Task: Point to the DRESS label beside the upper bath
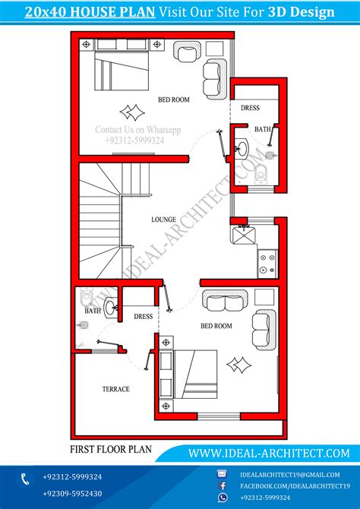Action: [x=251, y=108]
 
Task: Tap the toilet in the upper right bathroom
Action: [x=261, y=175]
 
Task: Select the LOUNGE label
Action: [x=163, y=220]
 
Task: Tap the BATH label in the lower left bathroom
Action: [x=92, y=311]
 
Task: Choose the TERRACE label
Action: [x=115, y=389]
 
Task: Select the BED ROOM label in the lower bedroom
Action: [x=216, y=326]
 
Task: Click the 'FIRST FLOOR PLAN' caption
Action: [x=110, y=449]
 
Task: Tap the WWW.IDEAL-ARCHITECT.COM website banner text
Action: [x=269, y=453]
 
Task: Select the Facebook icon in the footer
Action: [x=223, y=485]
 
